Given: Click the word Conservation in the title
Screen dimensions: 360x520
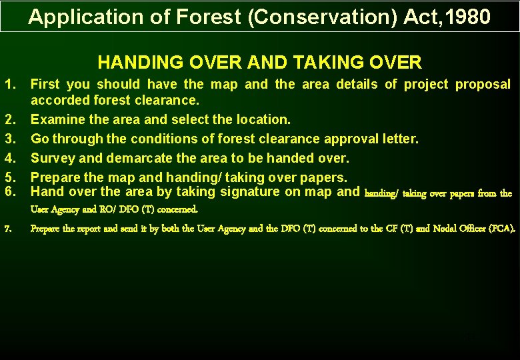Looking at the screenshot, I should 322,17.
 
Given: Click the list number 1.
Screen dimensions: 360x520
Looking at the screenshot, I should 10,84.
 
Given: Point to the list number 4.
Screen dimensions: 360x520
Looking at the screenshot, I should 10,158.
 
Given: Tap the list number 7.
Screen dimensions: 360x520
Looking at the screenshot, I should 7,229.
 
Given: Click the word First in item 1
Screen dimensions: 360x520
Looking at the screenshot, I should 45,84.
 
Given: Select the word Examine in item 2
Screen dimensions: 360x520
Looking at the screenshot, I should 57,119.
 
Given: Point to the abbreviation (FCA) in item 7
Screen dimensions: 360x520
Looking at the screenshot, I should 501,229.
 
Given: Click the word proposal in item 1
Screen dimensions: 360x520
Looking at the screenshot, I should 483,84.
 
